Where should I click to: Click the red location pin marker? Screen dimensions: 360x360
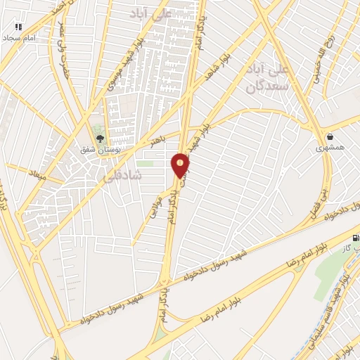[181, 165]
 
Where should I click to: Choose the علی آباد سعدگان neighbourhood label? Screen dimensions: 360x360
[268, 79]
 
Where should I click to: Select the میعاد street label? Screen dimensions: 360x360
[38, 174]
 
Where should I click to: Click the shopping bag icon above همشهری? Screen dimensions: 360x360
[329, 136]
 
